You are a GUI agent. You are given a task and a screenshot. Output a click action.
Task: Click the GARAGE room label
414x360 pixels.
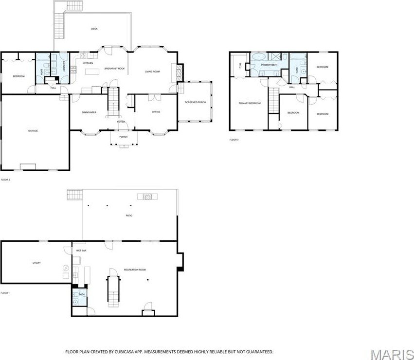pyautogui.click(x=33, y=130)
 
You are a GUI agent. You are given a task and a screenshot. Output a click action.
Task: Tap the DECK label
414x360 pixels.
pyautogui.click(x=94, y=29)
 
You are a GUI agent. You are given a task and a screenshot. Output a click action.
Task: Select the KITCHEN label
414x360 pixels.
pyautogui.click(x=88, y=63)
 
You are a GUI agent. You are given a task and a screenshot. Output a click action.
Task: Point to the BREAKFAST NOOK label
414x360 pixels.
pyautogui.click(x=114, y=69)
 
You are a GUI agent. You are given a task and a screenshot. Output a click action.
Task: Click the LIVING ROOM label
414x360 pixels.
pyautogui.click(x=152, y=72)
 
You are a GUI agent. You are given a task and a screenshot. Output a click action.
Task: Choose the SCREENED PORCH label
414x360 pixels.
pyautogui.click(x=195, y=102)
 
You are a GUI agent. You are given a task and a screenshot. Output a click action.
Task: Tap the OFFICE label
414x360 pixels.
pyautogui.click(x=156, y=112)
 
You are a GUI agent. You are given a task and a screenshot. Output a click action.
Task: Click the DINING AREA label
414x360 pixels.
pyautogui.click(x=89, y=112)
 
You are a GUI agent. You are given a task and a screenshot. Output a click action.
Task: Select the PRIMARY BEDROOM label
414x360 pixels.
pyautogui.click(x=249, y=103)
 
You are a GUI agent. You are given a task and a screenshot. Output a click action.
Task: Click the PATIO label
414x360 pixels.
pyautogui.click(x=129, y=216)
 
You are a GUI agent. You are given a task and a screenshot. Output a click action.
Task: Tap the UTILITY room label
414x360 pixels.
pyautogui.click(x=36, y=263)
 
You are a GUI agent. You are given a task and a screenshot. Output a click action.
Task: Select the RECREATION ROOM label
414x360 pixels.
pyautogui.click(x=135, y=270)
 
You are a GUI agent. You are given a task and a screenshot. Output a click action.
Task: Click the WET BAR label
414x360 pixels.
pyautogui.click(x=81, y=251)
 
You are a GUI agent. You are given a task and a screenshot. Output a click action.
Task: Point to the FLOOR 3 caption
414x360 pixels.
pyautogui.click(x=234, y=140)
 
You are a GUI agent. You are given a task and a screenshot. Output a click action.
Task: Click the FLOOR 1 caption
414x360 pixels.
pyautogui.click(x=5, y=293)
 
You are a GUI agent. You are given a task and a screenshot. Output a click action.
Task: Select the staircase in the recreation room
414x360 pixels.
pyautogui.click(x=113, y=288)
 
